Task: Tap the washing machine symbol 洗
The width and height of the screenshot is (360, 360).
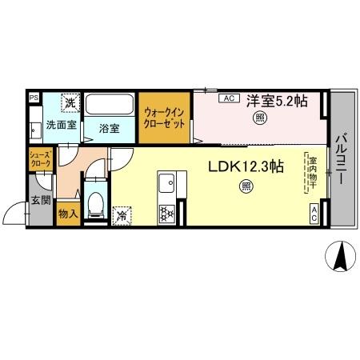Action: tap(70, 103)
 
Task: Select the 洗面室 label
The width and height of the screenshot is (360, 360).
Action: tap(61, 126)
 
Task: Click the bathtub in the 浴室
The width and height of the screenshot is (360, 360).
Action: tap(110, 106)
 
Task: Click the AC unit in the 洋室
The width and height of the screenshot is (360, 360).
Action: tap(227, 98)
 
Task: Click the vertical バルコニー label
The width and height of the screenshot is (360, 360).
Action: tap(342, 158)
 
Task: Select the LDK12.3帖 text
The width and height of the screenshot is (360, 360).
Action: tap(246, 167)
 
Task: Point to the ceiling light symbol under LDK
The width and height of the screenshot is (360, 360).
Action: tap(246, 187)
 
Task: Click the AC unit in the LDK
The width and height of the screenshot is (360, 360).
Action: tap(315, 214)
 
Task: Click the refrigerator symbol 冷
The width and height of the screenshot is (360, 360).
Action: tap(122, 214)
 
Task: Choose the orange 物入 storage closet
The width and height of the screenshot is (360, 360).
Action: tap(68, 214)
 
